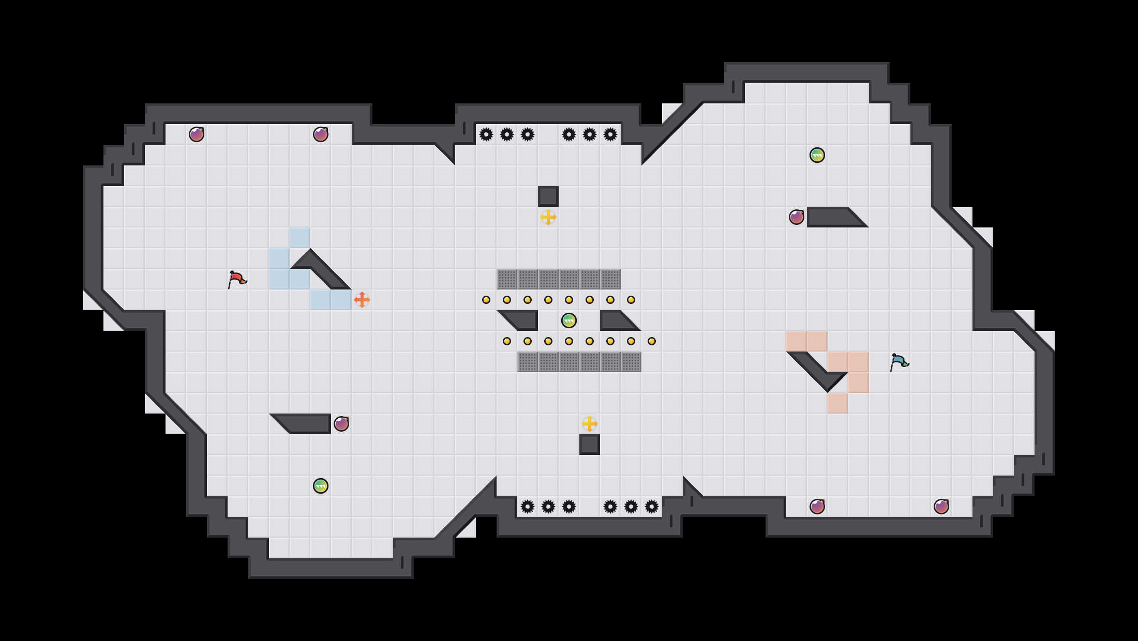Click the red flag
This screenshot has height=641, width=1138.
(237, 279)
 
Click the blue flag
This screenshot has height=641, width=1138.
(899, 362)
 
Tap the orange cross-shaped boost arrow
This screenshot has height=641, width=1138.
(362, 300)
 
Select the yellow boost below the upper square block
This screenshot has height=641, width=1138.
(548, 217)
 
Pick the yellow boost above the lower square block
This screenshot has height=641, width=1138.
(590, 424)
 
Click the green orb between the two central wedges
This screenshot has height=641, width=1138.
(569, 320)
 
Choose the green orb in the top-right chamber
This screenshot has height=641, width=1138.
(817, 155)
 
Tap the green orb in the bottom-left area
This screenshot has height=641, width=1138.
(321, 486)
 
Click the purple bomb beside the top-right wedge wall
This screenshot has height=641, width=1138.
(797, 217)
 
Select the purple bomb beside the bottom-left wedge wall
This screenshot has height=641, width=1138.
(341, 424)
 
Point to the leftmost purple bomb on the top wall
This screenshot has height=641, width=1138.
(197, 134)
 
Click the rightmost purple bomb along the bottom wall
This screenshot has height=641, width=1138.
(941, 507)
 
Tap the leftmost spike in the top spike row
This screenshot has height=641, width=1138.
(486, 134)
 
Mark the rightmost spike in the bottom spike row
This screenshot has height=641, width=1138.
(652, 507)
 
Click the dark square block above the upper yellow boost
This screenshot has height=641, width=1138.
(548, 196)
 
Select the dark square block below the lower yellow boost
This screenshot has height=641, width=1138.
(590, 445)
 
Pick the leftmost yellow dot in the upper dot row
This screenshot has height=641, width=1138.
(486, 300)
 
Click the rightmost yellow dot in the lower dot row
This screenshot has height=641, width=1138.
(652, 341)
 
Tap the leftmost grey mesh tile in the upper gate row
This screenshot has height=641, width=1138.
(507, 279)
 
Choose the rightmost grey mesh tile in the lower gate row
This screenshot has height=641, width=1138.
(631, 362)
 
